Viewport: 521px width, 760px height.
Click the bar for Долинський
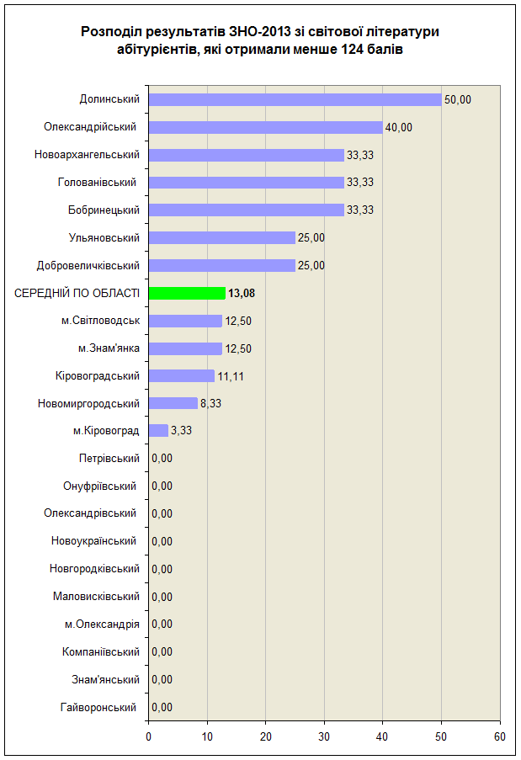click(x=295, y=99)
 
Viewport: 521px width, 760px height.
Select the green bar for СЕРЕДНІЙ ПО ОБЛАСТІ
click(x=187, y=293)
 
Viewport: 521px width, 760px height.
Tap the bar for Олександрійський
click(x=266, y=127)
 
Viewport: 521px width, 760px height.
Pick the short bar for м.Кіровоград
click(x=158, y=430)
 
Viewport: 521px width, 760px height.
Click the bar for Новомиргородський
click(x=173, y=403)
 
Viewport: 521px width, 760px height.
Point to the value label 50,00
click(x=458, y=99)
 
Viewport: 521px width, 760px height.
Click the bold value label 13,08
click(x=242, y=293)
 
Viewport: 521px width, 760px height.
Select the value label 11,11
click(x=231, y=376)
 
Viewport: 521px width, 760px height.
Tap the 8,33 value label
click(x=210, y=403)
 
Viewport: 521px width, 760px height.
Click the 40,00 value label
click(x=399, y=127)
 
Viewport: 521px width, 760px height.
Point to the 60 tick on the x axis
click(x=500, y=736)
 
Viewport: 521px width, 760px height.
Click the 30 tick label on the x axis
click(x=324, y=736)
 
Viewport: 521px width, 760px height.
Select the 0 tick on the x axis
click(x=149, y=736)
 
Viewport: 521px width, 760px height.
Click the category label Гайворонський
click(x=98, y=708)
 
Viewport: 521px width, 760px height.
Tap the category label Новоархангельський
click(x=87, y=155)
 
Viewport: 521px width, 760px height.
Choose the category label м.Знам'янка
click(x=109, y=348)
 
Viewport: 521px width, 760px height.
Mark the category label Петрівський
click(x=109, y=459)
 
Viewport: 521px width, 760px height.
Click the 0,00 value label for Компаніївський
click(x=162, y=652)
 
